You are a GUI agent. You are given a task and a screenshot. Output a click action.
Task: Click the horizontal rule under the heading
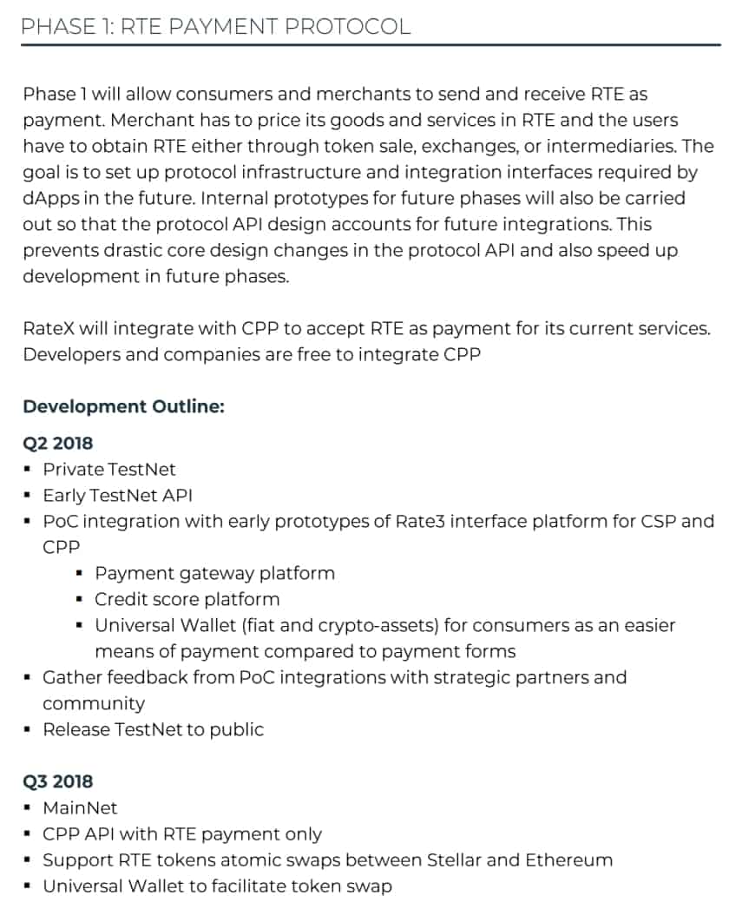pos(371,44)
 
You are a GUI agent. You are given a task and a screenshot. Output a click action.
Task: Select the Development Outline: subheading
pos(123,406)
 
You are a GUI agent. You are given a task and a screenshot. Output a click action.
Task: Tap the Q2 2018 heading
pos(57,443)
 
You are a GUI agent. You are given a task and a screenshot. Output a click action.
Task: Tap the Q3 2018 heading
pos(57,781)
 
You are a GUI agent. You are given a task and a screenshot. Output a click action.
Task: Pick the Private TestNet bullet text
pos(109,469)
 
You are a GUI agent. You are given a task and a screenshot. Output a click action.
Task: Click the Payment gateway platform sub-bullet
pos(214,573)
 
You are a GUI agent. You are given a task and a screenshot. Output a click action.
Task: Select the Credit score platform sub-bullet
pos(187,599)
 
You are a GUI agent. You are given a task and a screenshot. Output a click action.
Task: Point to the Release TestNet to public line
pos(153,729)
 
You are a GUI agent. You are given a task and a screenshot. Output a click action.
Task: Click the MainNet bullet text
pos(80,807)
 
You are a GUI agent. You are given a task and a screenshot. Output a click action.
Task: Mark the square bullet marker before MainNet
pos(29,807)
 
